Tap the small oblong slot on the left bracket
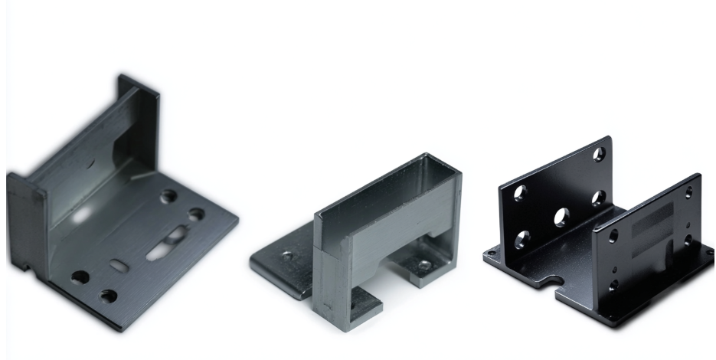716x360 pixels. coord(121,265)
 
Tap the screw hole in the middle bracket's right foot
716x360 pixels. coord(423,265)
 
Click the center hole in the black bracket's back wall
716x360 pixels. coord(561,217)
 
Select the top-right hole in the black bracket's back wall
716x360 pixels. coord(600,155)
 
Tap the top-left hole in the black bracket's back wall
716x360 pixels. coord(520,192)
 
